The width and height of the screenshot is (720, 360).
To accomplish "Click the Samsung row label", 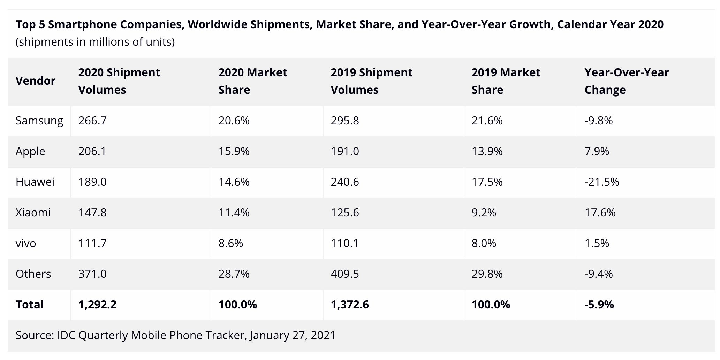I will [x=39, y=121].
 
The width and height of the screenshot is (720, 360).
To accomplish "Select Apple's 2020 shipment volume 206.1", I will [x=92, y=151].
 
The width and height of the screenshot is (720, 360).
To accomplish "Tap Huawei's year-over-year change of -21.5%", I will [x=601, y=182].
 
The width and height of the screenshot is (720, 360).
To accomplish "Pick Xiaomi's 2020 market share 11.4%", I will [x=234, y=213].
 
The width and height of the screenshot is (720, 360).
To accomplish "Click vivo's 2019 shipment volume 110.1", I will [x=344, y=243].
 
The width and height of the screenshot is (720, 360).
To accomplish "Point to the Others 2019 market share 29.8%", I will [x=487, y=274].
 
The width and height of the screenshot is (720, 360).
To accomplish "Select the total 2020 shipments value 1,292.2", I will [x=97, y=305].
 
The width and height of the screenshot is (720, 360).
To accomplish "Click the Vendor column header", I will [x=36, y=81].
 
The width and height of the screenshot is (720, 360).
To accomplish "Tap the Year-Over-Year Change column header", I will [x=627, y=81].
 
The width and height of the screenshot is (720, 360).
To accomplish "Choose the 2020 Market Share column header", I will [x=253, y=81].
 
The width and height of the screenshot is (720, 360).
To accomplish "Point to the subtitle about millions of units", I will [x=95, y=42].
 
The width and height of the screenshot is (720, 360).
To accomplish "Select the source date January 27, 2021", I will [x=292, y=335].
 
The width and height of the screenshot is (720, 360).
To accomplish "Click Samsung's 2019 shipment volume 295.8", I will [x=344, y=121].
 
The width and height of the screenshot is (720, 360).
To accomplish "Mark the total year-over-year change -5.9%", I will [x=599, y=305].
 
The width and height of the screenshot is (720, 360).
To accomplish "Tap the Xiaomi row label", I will [x=33, y=213].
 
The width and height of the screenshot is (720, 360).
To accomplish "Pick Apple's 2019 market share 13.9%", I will [x=487, y=151].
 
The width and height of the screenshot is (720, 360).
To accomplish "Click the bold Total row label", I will [x=30, y=305].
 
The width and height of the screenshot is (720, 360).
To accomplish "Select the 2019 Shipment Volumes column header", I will [x=371, y=81].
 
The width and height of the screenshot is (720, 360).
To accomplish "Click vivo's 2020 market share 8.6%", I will [x=230, y=243].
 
